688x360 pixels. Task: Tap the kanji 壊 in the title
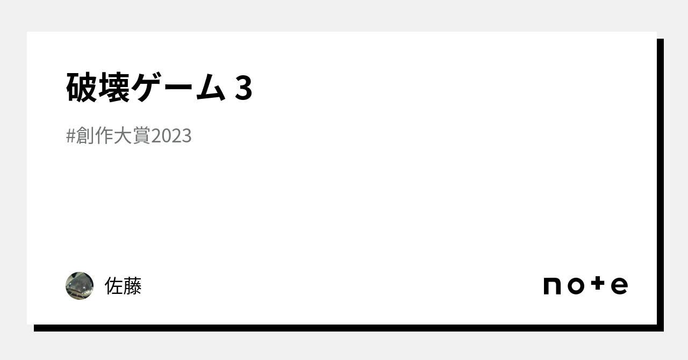[x=114, y=87]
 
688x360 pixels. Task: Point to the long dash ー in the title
[x=179, y=88]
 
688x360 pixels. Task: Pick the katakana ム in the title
[x=211, y=88]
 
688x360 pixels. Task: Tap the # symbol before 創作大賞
[x=70, y=136]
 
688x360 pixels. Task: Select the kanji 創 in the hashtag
[x=85, y=135]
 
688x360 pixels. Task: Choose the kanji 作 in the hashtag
[x=104, y=135]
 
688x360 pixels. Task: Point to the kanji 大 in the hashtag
[x=123, y=135]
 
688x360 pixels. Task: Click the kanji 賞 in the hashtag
[x=141, y=135]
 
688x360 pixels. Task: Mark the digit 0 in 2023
[x=167, y=136]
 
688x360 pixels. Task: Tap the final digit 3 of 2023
[x=187, y=136]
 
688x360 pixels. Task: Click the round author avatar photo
[x=80, y=286]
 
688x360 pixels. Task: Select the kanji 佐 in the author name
[x=114, y=286]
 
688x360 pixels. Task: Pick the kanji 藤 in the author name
[x=132, y=286]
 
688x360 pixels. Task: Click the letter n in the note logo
[x=552, y=286]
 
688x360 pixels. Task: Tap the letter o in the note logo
[x=576, y=286]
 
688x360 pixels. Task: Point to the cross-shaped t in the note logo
[x=598, y=283]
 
